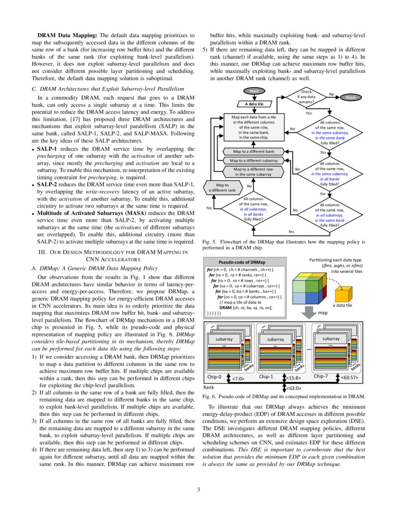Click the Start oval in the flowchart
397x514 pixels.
pyautogui.click(x=254, y=91)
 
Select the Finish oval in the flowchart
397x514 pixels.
pyautogui.click(x=351, y=98)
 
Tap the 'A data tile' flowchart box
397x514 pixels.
pyautogui.click(x=254, y=104)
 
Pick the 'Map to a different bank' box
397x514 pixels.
pyautogui.click(x=254, y=151)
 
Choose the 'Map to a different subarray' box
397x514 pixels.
pyautogui.click(x=254, y=160)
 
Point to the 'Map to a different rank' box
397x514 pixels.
pyautogui.click(x=222, y=188)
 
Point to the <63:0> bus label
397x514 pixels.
pyautogui.click(x=293, y=387)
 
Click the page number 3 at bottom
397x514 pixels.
pyautogui.click(x=198, y=489)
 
